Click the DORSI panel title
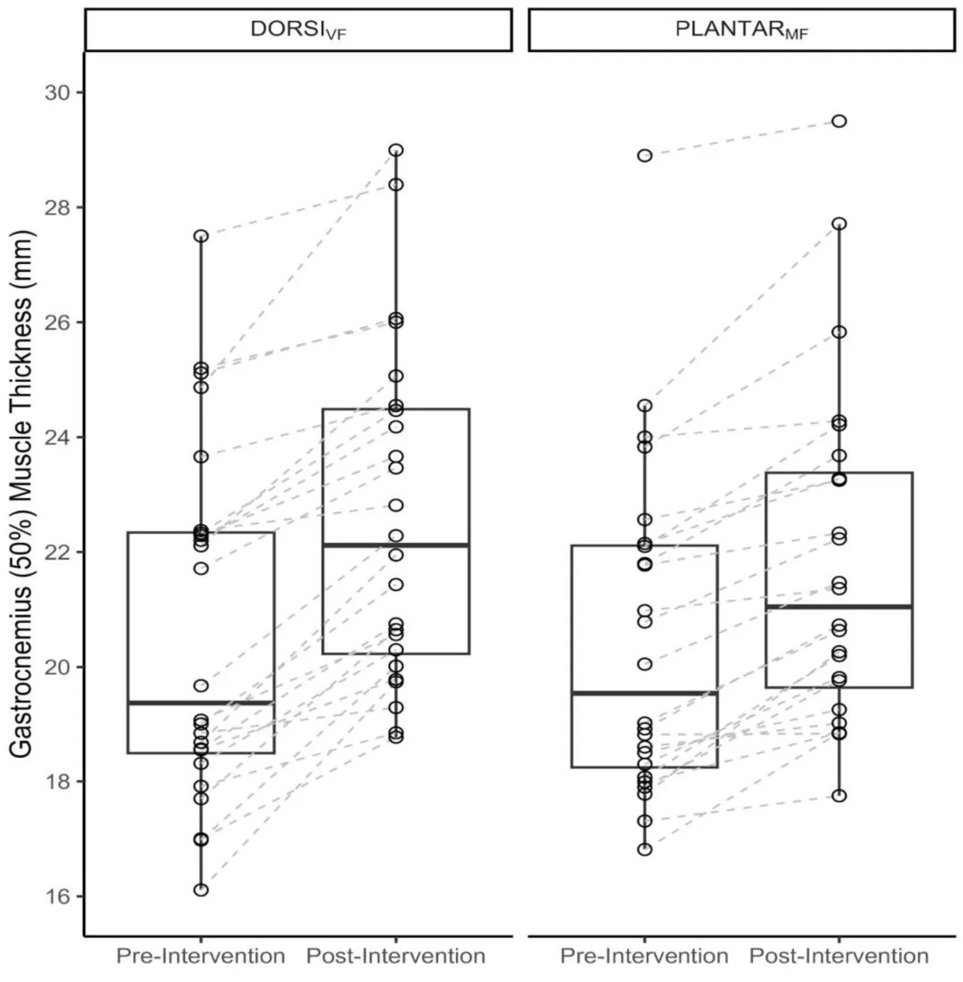click(298, 30)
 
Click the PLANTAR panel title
click(742, 30)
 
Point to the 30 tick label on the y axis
click(59, 92)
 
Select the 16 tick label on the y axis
click(59, 896)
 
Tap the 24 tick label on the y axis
click(59, 437)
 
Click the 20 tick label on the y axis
click(59, 667)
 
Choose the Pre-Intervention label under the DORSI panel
click(200, 956)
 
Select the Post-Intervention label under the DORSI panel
click(396, 956)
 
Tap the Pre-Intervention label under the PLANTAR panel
click(644, 956)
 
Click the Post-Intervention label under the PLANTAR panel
click(839, 956)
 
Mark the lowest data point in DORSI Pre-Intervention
click(201, 890)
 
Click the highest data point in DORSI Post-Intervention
click(396, 150)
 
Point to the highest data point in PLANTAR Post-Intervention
click(839, 121)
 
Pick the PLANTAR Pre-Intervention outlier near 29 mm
click(645, 156)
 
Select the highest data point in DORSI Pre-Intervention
click(201, 236)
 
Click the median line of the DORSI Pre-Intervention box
click(201, 703)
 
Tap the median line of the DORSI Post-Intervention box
click(396, 545)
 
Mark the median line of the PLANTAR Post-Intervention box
click(839, 607)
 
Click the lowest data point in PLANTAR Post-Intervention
click(839, 796)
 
